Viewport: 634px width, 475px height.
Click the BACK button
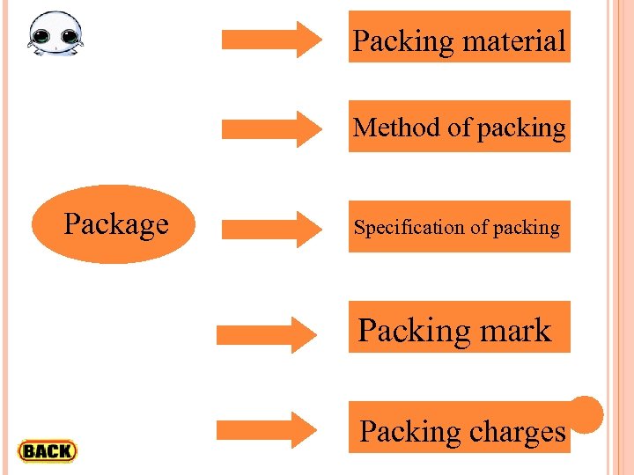coord(48,451)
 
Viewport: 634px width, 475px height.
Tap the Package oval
coord(115,224)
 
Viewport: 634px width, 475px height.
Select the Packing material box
coord(459,37)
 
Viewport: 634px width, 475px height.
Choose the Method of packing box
coord(459,127)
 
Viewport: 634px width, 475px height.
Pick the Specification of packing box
coord(459,227)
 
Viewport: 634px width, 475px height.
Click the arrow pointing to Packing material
coord(272,39)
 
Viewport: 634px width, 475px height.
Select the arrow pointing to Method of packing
coord(272,128)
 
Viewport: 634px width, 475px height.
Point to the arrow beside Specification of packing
coord(272,229)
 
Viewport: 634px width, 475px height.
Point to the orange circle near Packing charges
coord(586,413)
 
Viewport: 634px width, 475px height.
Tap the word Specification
coord(409,228)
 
